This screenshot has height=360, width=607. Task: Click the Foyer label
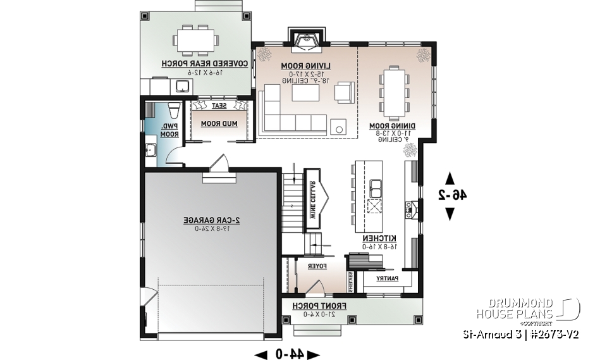pos(317,266)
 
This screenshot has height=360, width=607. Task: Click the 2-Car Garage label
pos(211,220)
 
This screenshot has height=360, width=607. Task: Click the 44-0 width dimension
pos(288,354)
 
